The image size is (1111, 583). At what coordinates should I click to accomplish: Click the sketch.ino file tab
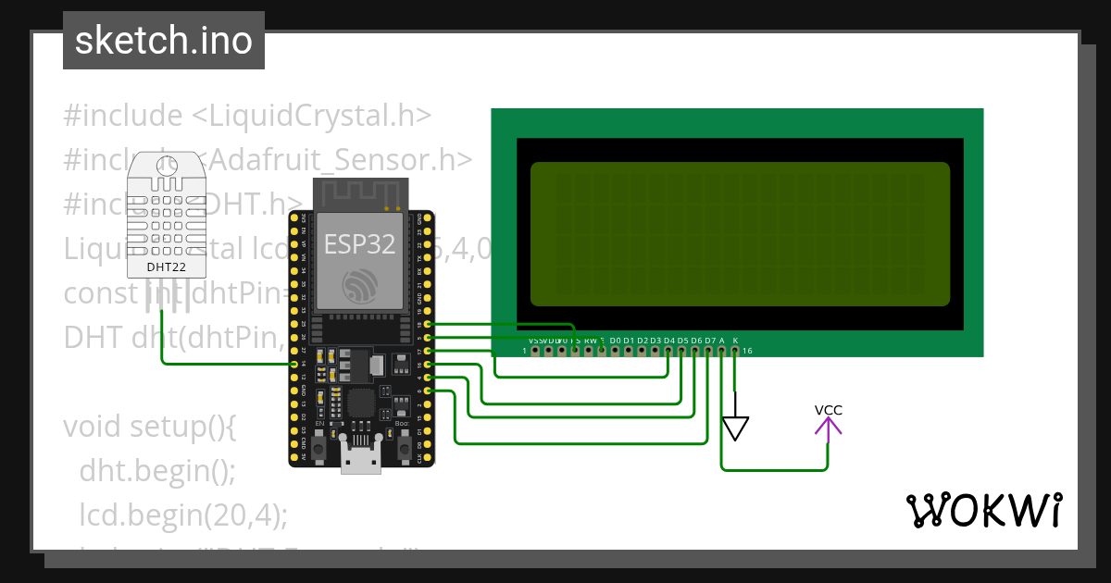pyautogui.click(x=164, y=41)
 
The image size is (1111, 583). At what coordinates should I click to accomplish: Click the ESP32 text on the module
pyautogui.click(x=359, y=244)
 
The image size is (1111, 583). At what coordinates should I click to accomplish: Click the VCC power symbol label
pyautogui.click(x=828, y=410)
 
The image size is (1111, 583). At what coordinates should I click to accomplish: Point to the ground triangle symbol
pyautogui.click(x=735, y=428)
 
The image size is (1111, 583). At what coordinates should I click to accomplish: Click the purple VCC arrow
pyautogui.click(x=828, y=426)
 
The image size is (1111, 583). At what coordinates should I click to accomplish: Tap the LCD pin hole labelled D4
pyautogui.click(x=668, y=351)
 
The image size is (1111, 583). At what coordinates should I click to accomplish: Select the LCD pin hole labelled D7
pyautogui.click(x=709, y=351)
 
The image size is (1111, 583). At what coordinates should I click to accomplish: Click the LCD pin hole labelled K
pyautogui.click(x=735, y=351)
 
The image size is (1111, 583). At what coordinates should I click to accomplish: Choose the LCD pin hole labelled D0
pyautogui.click(x=615, y=351)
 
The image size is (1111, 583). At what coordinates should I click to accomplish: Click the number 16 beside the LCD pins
pyautogui.click(x=747, y=352)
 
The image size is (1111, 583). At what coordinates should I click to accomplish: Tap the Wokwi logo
pyautogui.click(x=983, y=510)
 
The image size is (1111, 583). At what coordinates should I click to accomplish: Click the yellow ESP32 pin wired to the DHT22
pyautogui.click(x=294, y=365)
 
